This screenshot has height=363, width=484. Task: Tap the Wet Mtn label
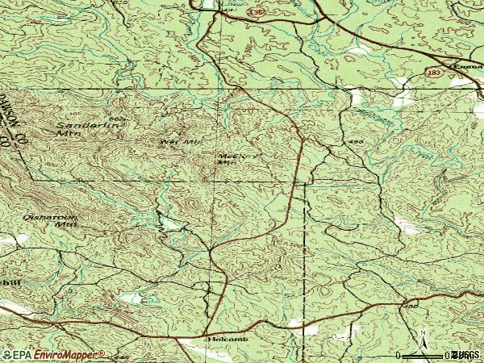click(x=180, y=142)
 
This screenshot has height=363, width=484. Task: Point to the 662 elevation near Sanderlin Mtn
click(x=118, y=119)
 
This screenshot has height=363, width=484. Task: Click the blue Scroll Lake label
click(x=146, y=218)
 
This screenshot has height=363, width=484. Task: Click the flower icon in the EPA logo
click(x=7, y=354)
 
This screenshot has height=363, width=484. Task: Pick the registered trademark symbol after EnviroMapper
click(x=102, y=352)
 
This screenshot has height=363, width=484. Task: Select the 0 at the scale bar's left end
click(x=399, y=355)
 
